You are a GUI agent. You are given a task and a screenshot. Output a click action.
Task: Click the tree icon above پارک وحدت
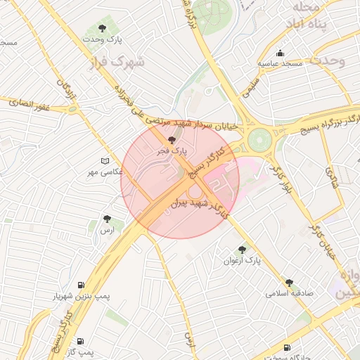tap(103, 29)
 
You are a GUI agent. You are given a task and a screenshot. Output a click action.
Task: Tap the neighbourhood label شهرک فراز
tap(118, 63)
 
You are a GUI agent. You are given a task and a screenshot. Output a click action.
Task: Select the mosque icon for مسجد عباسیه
tap(281, 53)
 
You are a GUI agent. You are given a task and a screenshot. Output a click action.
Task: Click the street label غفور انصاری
tap(30, 103)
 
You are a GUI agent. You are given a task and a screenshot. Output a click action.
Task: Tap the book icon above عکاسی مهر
tap(105, 160)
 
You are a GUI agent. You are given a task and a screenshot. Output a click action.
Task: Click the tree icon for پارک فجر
tap(173, 140)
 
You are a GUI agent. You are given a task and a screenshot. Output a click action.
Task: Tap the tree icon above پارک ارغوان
tap(243, 250)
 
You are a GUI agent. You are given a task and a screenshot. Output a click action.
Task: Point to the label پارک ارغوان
tap(242, 261)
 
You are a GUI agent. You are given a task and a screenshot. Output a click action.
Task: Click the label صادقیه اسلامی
tap(289, 293)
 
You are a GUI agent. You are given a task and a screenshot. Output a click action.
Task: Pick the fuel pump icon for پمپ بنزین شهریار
tap(82, 285)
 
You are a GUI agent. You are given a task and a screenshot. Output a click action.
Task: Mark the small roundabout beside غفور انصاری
tap(72, 108)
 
